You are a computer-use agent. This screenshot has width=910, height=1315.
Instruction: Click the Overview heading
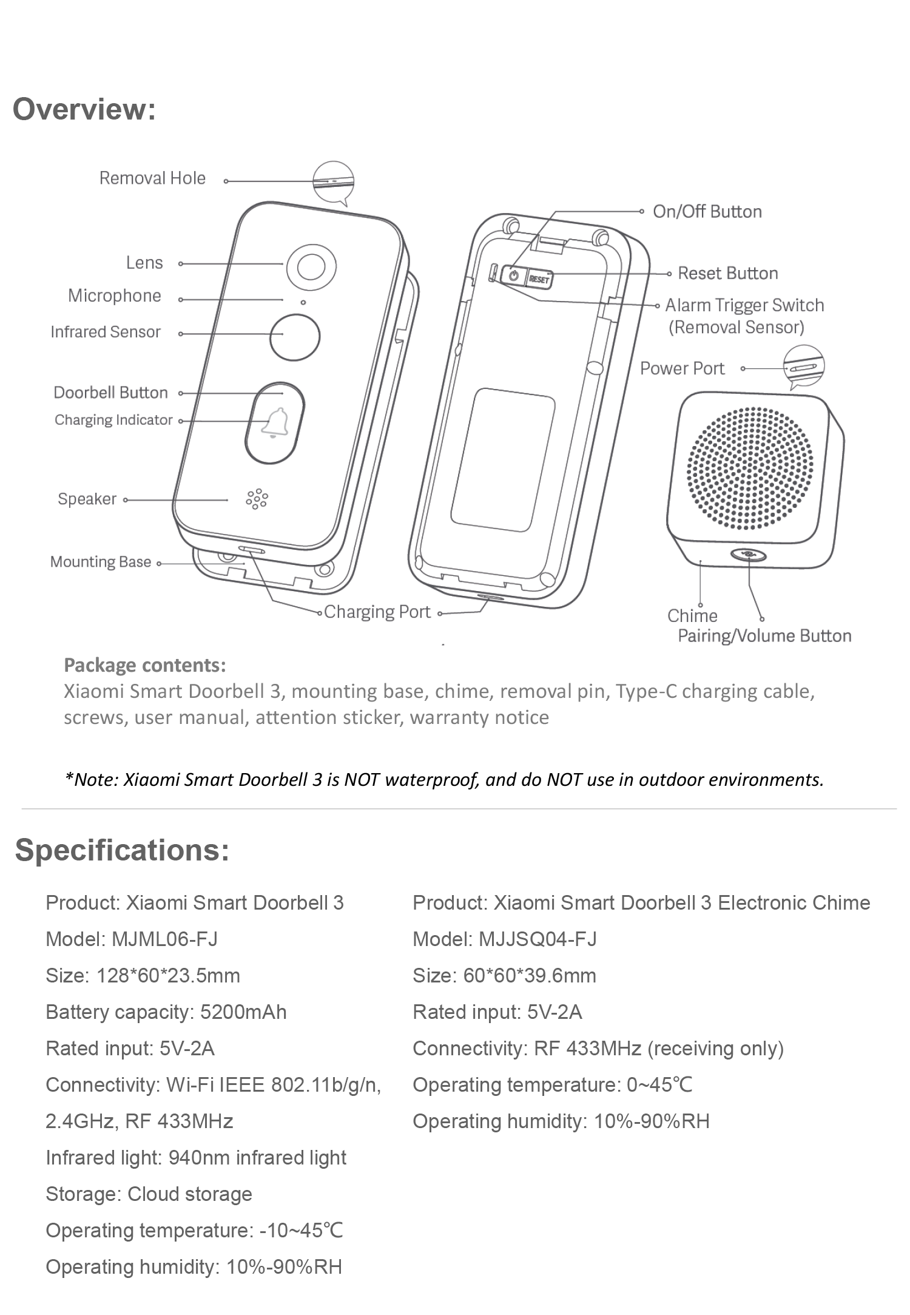(x=84, y=110)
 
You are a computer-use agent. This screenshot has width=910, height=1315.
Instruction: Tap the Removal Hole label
(x=152, y=178)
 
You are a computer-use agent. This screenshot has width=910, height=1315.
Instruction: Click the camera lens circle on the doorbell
(x=311, y=266)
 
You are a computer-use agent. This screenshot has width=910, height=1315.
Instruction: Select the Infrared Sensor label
(x=106, y=332)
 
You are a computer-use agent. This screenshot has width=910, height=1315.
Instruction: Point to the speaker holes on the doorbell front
(x=257, y=498)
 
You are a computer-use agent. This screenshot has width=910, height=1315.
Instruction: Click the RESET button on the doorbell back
(x=539, y=279)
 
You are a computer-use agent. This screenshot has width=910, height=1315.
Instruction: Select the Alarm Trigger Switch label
(x=744, y=305)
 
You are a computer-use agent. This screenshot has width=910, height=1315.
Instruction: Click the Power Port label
(x=682, y=368)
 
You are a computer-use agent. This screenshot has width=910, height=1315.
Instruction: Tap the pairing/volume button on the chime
(x=749, y=554)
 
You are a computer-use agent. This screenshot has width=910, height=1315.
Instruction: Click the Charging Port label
(x=377, y=612)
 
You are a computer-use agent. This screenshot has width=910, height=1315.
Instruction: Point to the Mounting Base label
(x=101, y=562)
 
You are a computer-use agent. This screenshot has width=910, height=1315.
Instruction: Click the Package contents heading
(x=145, y=665)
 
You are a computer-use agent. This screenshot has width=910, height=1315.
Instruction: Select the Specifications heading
(x=122, y=850)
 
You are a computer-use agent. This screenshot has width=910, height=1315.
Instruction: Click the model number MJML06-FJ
(x=164, y=939)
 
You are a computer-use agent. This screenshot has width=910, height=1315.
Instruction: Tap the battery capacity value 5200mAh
(x=243, y=1012)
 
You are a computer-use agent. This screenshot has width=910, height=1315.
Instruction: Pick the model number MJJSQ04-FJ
(x=538, y=939)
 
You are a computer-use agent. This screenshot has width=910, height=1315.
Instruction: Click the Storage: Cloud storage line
(x=149, y=1194)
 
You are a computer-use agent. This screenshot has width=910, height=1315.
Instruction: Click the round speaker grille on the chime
(x=750, y=468)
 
